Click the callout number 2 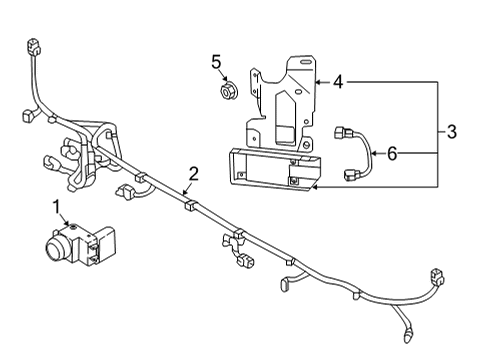[193, 173]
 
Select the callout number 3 [452, 132]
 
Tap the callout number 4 [338, 81]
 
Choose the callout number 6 [391, 153]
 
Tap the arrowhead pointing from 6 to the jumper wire [372, 153]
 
